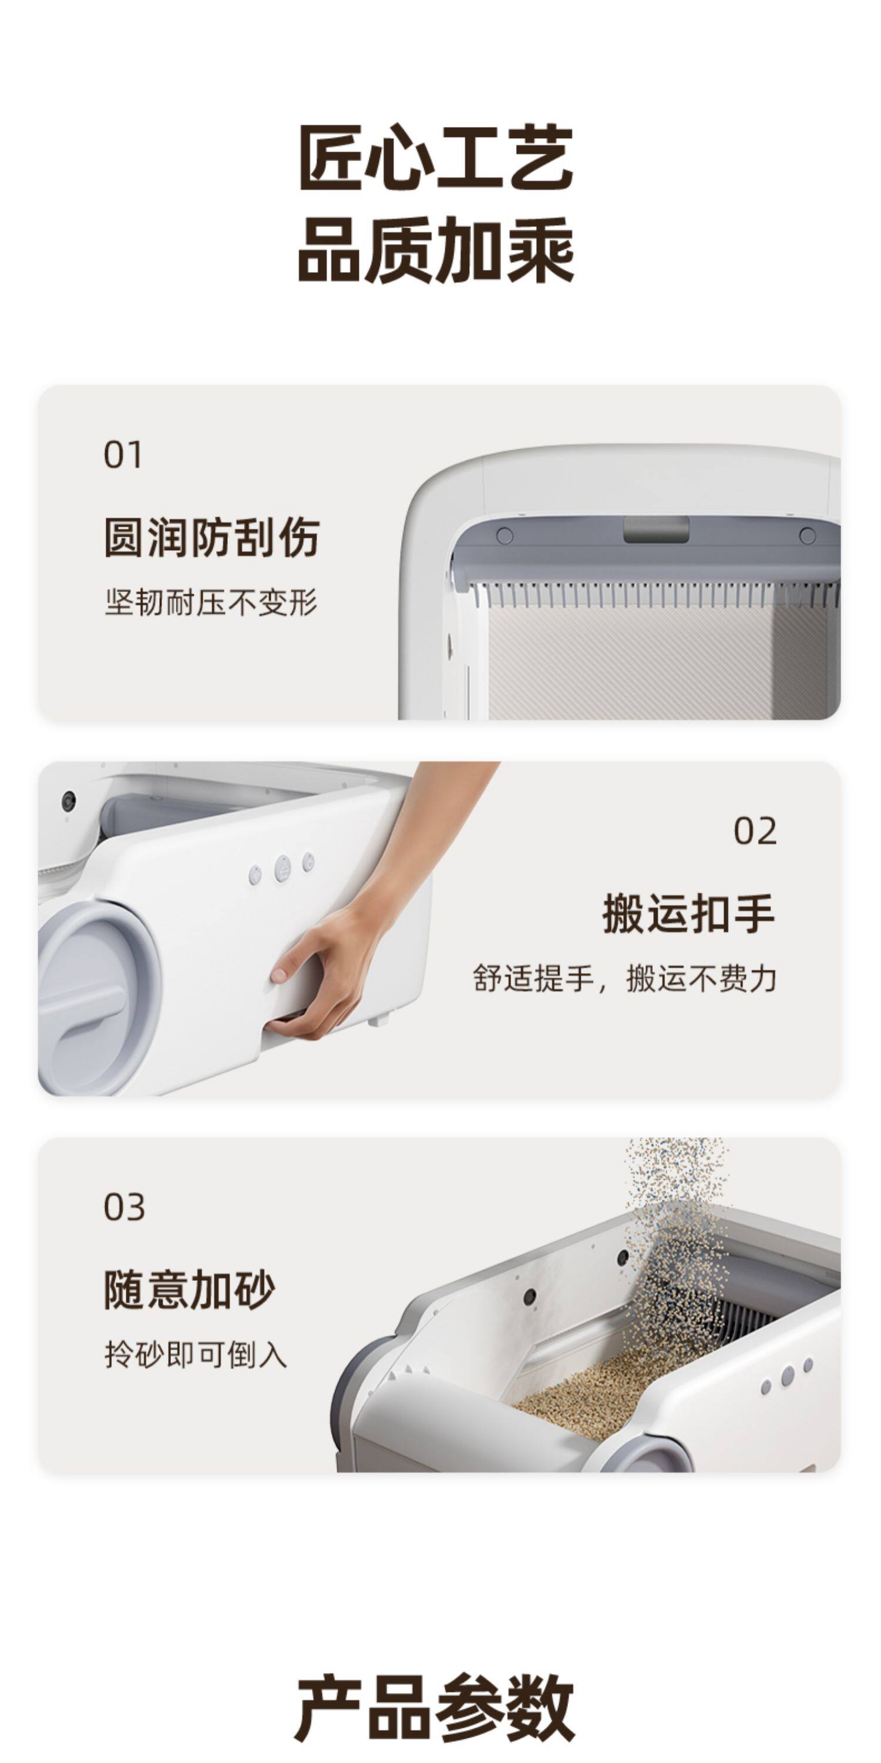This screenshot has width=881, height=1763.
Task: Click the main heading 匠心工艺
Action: (x=436, y=158)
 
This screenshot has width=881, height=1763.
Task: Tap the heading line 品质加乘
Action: (x=436, y=250)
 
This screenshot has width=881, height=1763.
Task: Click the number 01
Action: (x=123, y=455)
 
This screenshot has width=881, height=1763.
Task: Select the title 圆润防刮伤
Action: (x=211, y=538)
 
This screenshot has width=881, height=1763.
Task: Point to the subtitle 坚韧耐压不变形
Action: (x=211, y=603)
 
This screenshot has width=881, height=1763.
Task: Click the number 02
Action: (x=755, y=832)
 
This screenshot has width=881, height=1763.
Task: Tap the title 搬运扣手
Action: (x=689, y=914)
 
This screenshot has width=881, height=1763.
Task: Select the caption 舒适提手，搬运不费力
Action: (x=624, y=978)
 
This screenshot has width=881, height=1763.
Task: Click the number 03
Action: (x=124, y=1207)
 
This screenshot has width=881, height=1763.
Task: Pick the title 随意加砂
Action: (x=190, y=1289)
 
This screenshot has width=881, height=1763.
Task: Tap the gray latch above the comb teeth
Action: (x=656, y=529)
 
